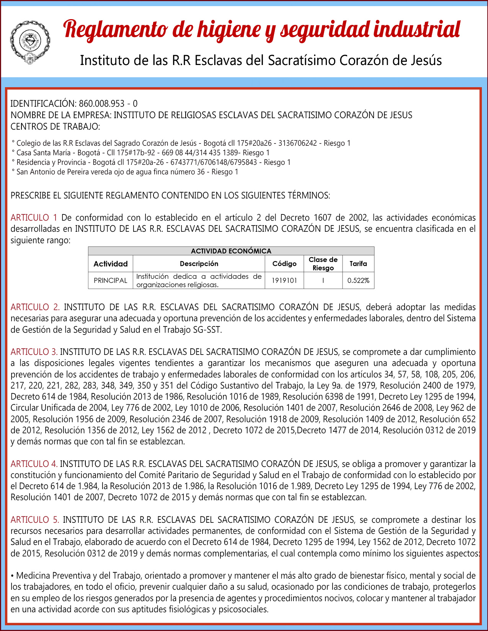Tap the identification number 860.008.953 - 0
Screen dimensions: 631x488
(108, 104)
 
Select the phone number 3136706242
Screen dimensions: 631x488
(297, 143)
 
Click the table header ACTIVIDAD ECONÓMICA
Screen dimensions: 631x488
(231, 251)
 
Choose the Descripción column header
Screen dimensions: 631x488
(199, 263)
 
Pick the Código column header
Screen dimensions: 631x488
(284, 263)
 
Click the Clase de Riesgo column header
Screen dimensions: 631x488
(323, 263)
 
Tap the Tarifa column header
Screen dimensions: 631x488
(358, 263)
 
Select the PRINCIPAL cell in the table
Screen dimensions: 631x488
(110, 280)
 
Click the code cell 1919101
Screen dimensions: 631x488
(284, 280)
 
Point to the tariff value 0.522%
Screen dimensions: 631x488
(358, 280)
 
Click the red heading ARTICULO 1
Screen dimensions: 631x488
(34, 218)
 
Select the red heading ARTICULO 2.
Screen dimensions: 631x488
(35, 307)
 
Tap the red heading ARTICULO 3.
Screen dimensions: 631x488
(34, 352)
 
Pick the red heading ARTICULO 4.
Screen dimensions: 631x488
(34, 464)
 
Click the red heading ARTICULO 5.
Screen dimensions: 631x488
(35, 520)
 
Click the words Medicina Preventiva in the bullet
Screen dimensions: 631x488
(53, 576)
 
